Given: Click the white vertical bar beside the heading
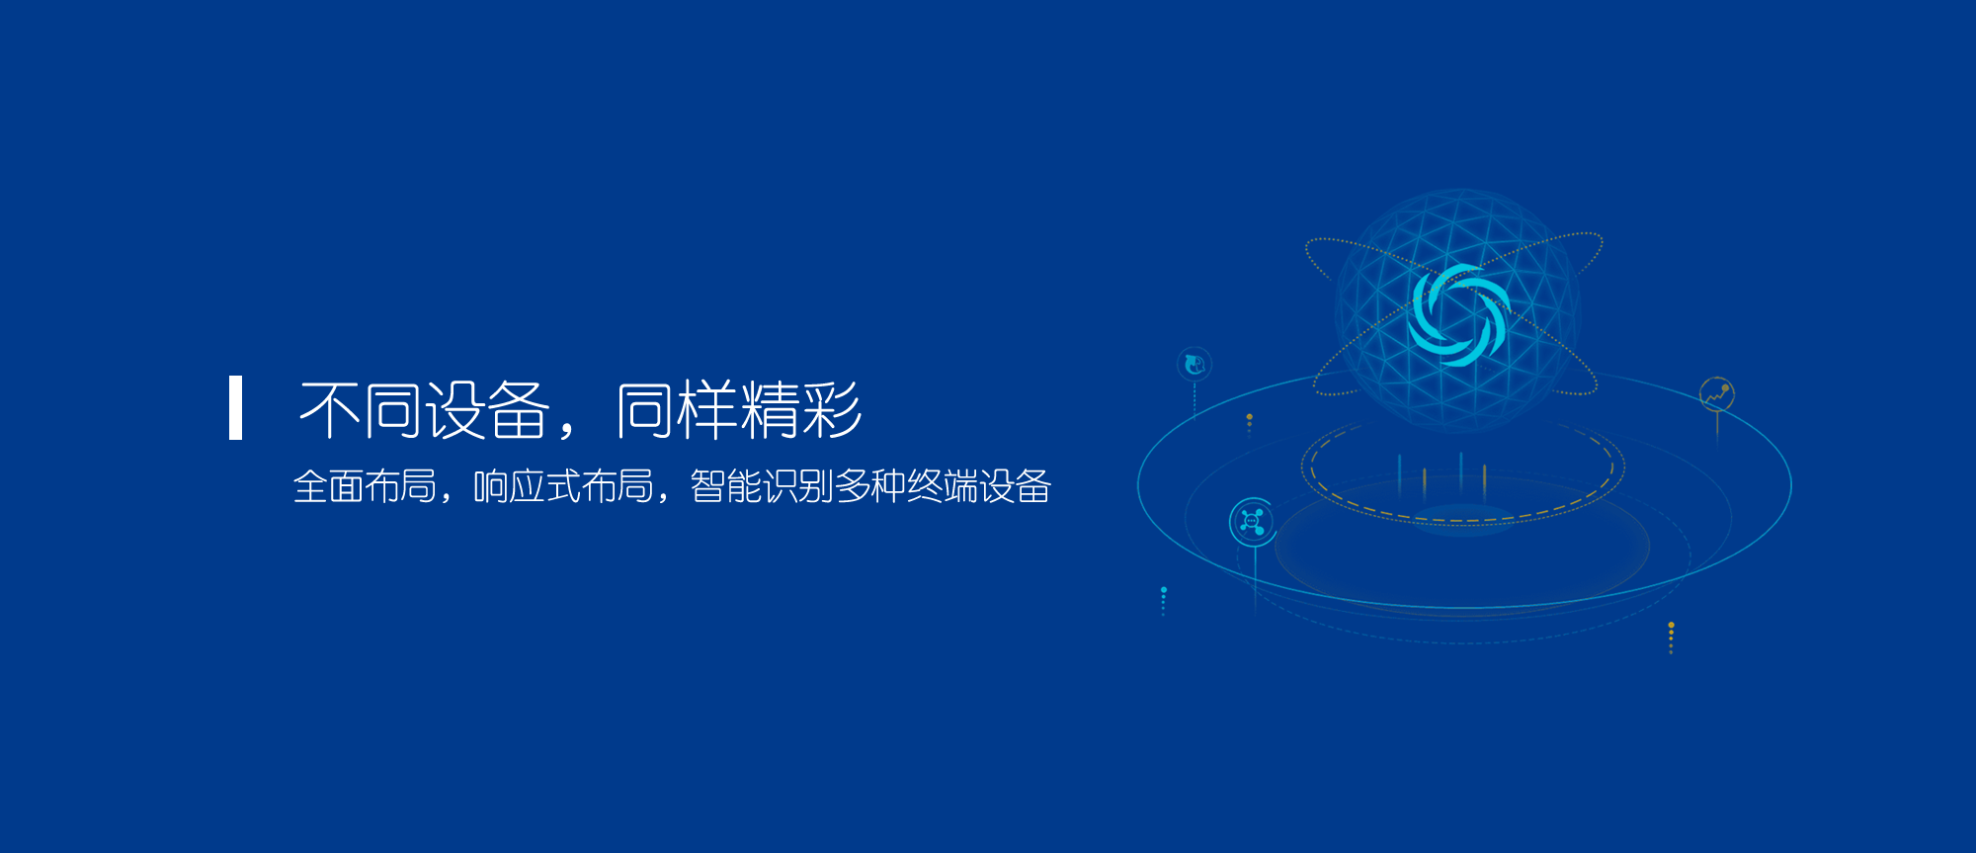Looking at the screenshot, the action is point(235,407).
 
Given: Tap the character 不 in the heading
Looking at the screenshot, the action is point(329,409).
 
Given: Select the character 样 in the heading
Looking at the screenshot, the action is point(707,409).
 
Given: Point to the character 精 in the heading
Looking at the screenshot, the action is point(770,409).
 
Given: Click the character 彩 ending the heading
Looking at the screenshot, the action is point(832,409).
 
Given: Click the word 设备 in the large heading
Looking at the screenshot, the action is point(487,409).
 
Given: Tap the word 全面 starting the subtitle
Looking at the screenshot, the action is point(329,486).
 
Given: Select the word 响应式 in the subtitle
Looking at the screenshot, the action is point(528,486).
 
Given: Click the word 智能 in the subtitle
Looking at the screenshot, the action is point(726,486).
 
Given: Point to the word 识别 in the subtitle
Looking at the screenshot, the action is point(798,486).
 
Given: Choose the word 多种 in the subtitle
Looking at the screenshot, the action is point(870,486).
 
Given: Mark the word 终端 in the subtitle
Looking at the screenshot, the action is point(943,486).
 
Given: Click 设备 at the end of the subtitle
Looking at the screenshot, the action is point(1015,486).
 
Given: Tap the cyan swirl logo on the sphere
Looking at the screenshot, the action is point(1458,315).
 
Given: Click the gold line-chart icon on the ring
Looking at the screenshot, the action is point(1717,393).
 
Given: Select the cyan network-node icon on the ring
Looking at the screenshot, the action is point(1252,521).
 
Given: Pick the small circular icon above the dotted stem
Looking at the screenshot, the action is point(1194,365).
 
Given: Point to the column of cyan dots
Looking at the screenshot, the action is point(1164,601).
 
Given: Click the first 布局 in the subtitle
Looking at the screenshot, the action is point(401,486).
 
